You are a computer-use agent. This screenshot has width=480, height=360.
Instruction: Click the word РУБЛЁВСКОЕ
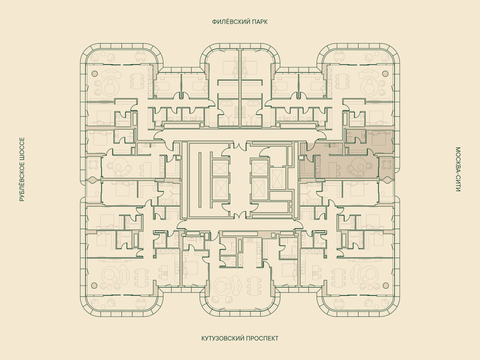coord(22,182)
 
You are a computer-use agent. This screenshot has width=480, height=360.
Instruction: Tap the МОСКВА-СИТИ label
coord(458,169)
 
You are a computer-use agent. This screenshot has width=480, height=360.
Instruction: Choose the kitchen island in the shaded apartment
coord(333,169)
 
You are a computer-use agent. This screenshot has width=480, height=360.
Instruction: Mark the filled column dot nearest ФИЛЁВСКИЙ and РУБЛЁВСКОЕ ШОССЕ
coord(94,73)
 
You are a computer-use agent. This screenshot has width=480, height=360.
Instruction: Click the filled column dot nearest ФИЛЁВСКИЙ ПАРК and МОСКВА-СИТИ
coord(385,73)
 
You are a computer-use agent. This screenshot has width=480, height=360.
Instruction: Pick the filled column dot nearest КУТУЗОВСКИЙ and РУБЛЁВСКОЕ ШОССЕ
coord(94,285)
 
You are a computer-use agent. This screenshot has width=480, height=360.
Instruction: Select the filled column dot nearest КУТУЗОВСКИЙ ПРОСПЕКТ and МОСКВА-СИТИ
coord(386,285)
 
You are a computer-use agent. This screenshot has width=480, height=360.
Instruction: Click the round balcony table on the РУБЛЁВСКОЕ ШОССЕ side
coord(94,164)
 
